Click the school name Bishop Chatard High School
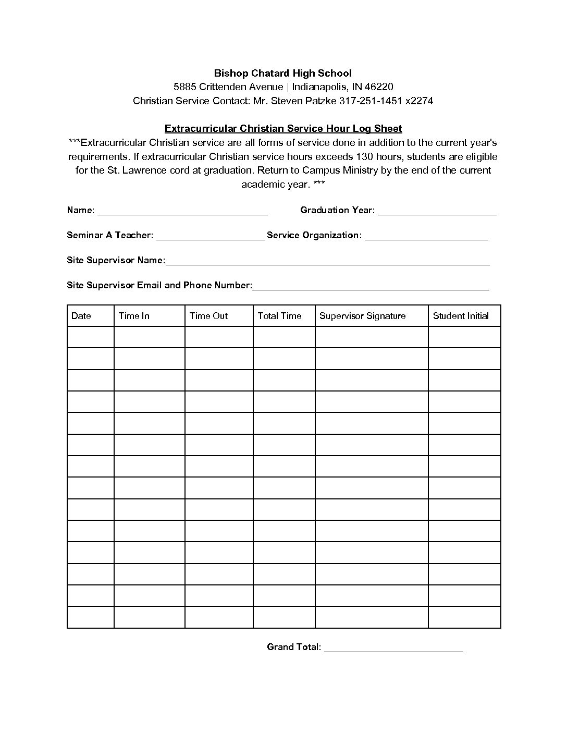click(x=283, y=74)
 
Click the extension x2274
click(x=419, y=101)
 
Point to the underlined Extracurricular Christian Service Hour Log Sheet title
click(x=283, y=128)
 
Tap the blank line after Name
click(x=182, y=213)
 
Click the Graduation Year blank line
click(x=437, y=213)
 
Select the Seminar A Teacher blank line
click(x=210, y=238)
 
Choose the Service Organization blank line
click(x=426, y=238)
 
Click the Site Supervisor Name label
click(x=116, y=260)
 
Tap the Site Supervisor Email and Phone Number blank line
click(x=371, y=288)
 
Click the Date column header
click(x=81, y=316)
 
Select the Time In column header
click(x=134, y=316)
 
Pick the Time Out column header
click(x=208, y=316)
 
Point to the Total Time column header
click(x=279, y=316)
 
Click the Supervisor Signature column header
click(x=362, y=316)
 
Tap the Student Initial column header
click(x=461, y=316)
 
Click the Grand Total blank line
click(x=393, y=650)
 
